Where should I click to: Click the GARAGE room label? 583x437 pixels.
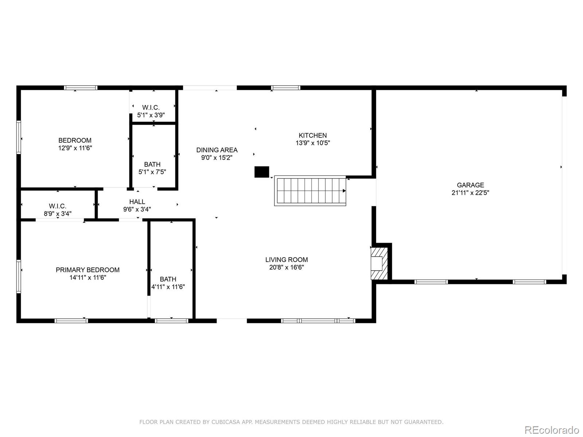(x=470, y=185)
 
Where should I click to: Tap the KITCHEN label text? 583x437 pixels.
(x=313, y=135)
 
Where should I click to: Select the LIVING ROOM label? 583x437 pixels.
(x=286, y=260)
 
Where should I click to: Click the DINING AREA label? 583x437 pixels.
(x=217, y=150)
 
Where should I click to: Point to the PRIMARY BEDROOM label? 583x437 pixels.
(x=87, y=270)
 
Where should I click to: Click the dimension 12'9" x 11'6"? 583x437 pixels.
(x=75, y=148)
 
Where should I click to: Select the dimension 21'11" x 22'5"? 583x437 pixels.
(x=470, y=193)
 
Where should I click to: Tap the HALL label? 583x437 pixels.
(x=137, y=202)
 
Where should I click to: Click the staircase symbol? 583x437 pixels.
(x=310, y=191)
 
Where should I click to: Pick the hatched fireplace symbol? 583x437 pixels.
(x=379, y=263)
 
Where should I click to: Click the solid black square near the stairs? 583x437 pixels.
(x=262, y=172)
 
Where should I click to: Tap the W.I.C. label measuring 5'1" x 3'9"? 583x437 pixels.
(x=151, y=107)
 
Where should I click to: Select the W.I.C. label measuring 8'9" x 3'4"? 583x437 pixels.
(x=58, y=206)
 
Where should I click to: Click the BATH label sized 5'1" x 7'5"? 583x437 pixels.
(x=152, y=164)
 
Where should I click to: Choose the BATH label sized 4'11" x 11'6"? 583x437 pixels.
(x=168, y=279)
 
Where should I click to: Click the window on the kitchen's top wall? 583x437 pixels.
(x=286, y=88)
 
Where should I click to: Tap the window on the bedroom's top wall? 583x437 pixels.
(x=81, y=88)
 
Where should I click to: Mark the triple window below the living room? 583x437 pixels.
(x=318, y=321)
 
